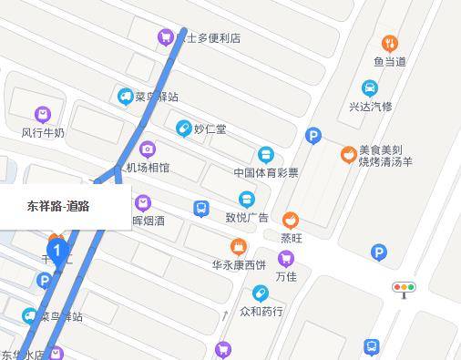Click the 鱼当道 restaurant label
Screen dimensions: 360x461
pyautogui.click(x=389, y=62)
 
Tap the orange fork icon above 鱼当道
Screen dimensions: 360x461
pyautogui.click(x=389, y=43)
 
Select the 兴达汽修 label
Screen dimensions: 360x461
pyautogui.click(x=370, y=107)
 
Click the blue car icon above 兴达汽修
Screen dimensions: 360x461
pyautogui.click(x=369, y=88)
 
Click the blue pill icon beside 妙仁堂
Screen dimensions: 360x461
pyautogui.click(x=183, y=129)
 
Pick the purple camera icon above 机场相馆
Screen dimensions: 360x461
pyautogui.click(x=147, y=149)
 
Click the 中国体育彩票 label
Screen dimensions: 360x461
pyautogui.click(x=265, y=172)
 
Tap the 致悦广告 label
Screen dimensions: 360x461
pyautogui.click(x=247, y=217)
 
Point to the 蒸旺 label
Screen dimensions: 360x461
pyautogui.click(x=291, y=238)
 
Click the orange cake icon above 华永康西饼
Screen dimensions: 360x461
pyautogui.click(x=239, y=246)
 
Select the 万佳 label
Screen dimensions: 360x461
pyautogui.click(x=286, y=276)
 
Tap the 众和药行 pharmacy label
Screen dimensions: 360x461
pyautogui.click(x=261, y=312)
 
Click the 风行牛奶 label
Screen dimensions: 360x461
pyautogui.click(x=43, y=133)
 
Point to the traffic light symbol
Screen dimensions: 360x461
pyautogui.click(x=404, y=289)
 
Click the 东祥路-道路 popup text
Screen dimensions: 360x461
pyautogui.click(x=58, y=206)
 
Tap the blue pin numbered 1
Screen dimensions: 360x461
pyautogui.click(x=57, y=251)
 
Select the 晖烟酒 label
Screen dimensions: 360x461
pyautogui.click(x=149, y=220)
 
